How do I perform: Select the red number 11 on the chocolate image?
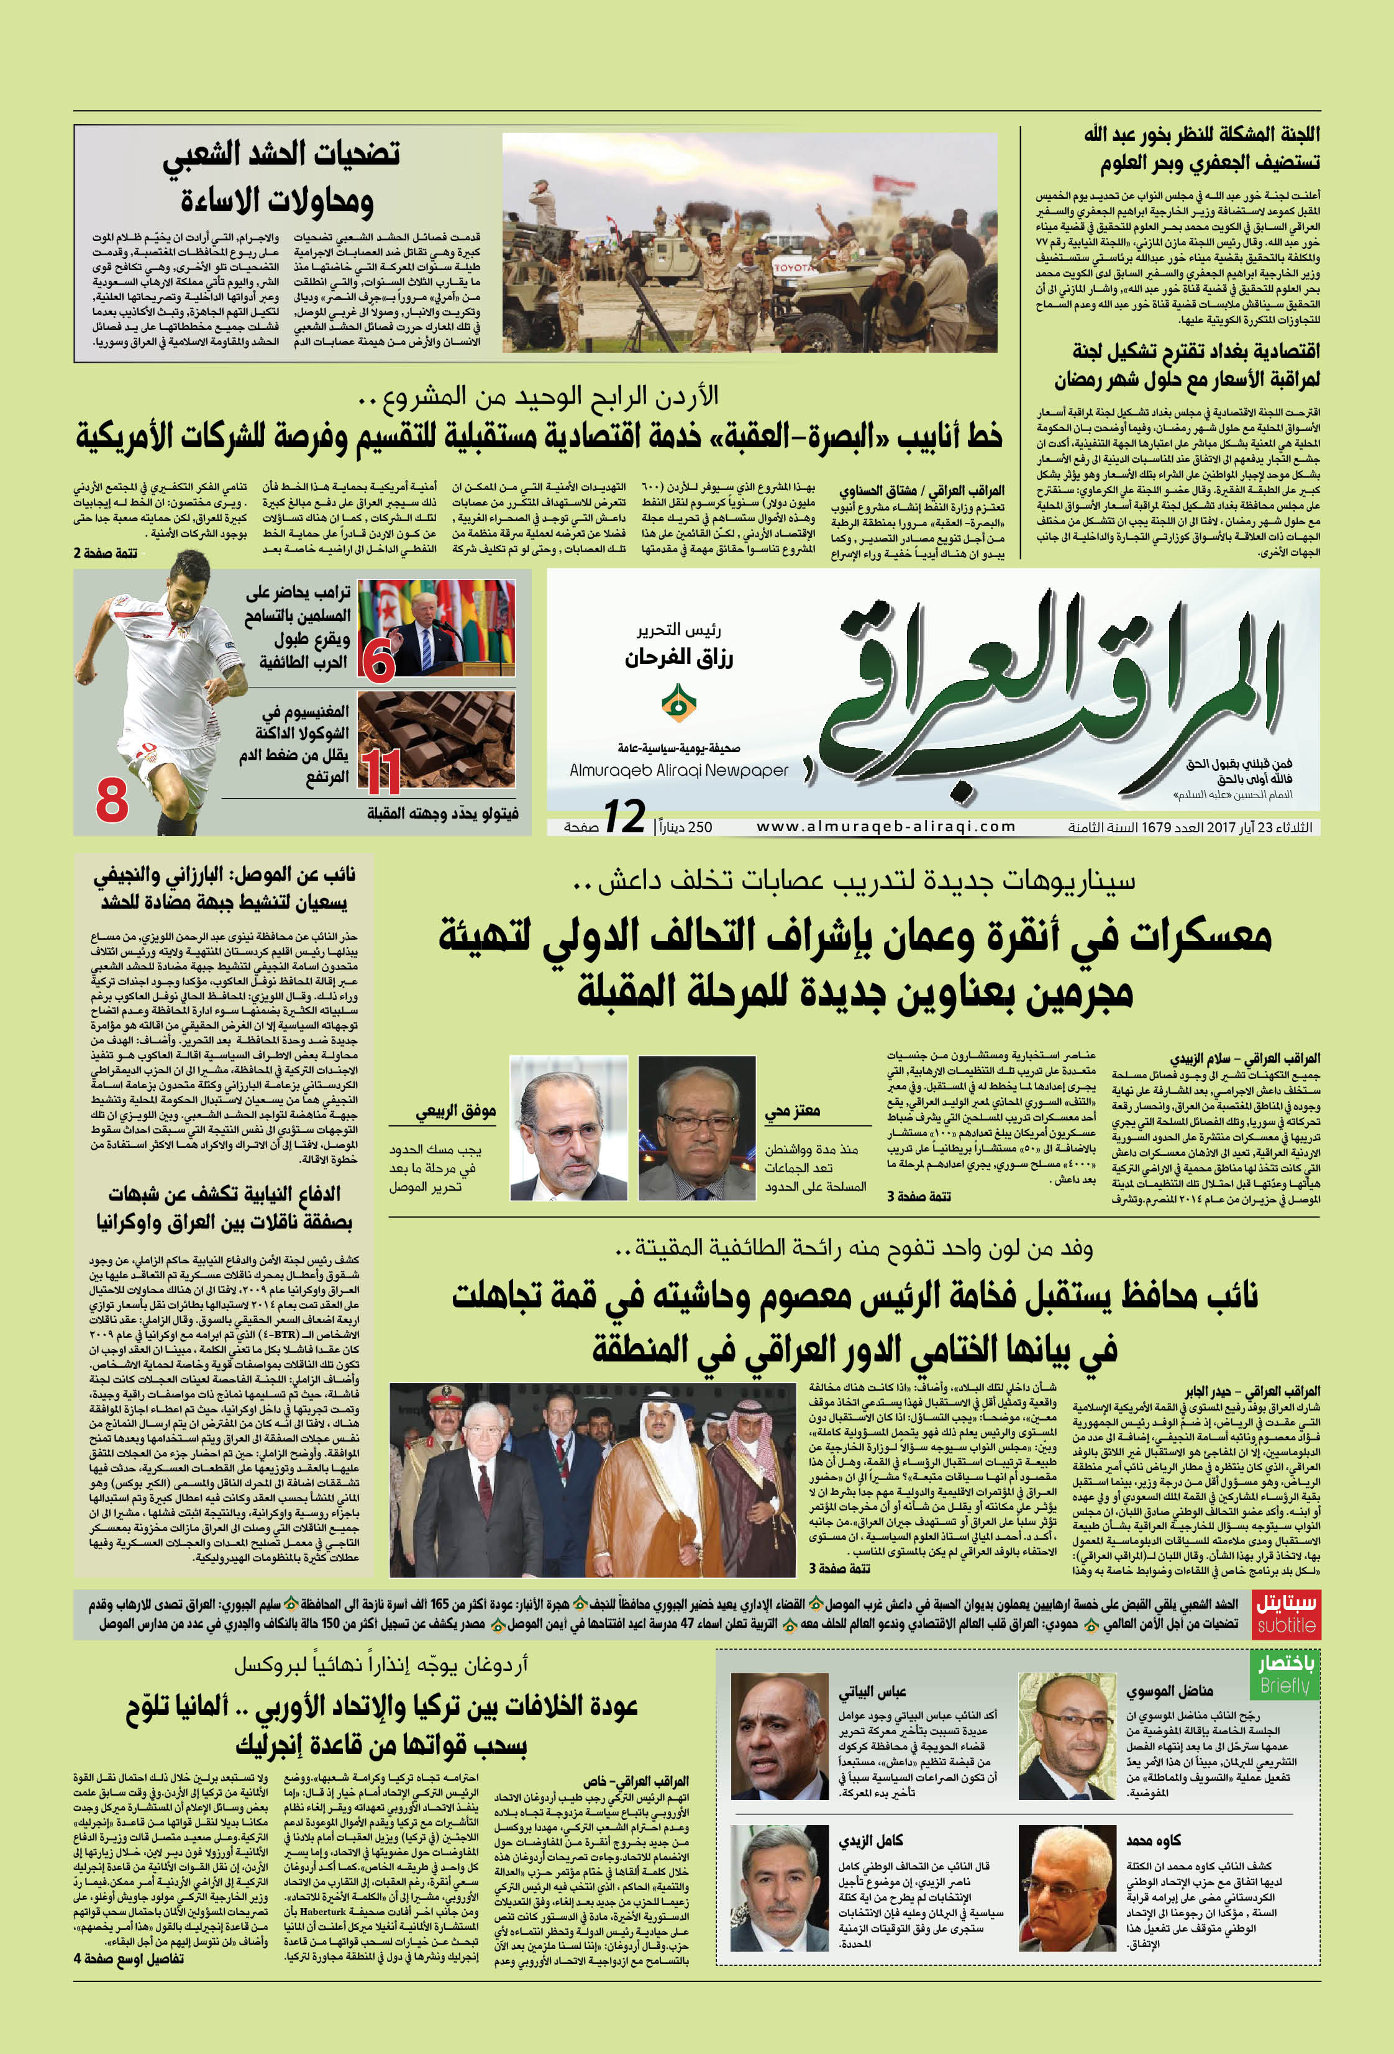tap(382, 769)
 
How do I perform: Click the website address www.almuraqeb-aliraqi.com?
tap(886, 826)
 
